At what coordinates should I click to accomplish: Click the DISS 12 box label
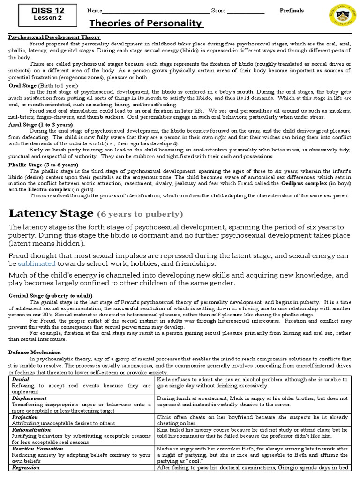coord(47,10)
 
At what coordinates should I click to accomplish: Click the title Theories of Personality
coord(146,23)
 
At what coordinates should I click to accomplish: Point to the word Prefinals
coord(292,10)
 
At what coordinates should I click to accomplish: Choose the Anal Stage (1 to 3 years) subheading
coord(41,124)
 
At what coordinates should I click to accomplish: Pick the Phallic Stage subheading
coord(44,165)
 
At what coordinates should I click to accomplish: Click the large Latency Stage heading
coord(52,213)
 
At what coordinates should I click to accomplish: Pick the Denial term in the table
coord(20,379)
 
